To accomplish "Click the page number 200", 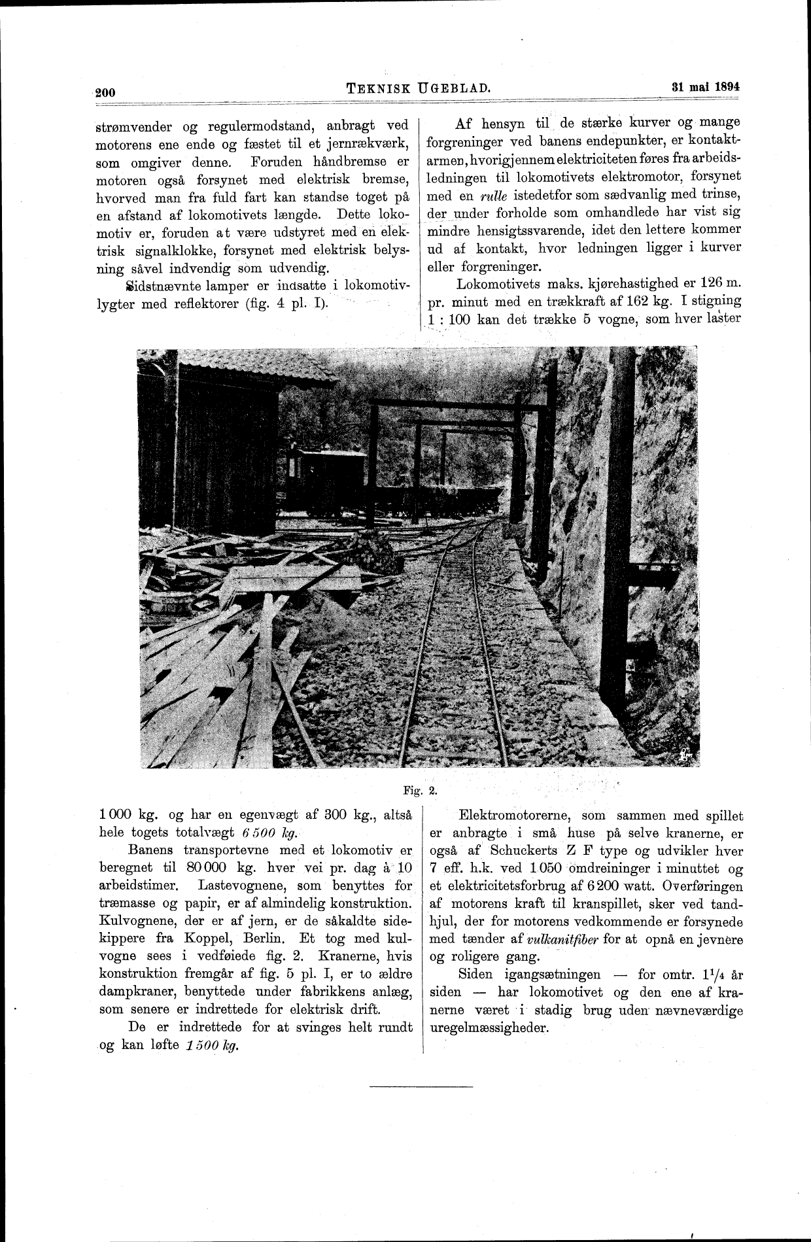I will click(x=105, y=92).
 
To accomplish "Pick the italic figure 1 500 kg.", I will click(x=209, y=1045).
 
